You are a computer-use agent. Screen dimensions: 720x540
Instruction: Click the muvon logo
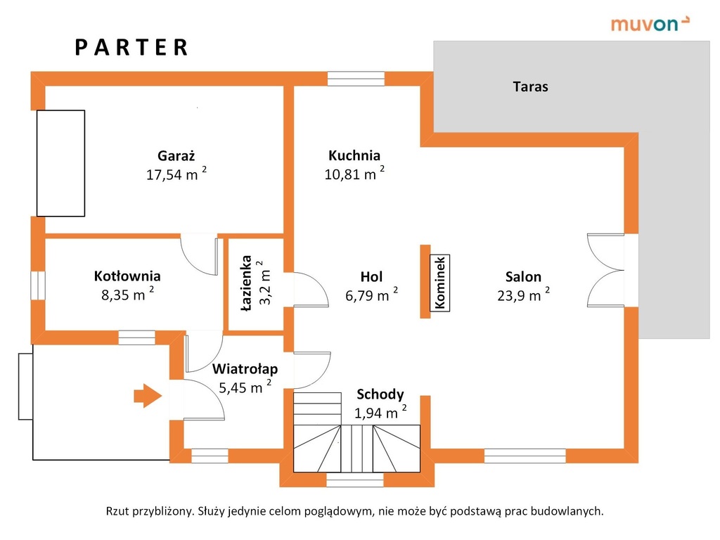click(650, 23)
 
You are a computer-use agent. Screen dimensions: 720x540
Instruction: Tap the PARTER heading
click(131, 47)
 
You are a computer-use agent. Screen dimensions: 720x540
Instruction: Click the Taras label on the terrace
click(530, 86)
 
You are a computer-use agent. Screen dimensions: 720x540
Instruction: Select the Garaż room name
click(176, 155)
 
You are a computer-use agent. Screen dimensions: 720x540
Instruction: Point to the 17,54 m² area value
click(176, 174)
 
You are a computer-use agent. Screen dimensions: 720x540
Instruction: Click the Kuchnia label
click(354, 155)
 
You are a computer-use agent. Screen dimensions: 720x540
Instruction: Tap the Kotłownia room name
click(127, 276)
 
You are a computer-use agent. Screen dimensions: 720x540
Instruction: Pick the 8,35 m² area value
click(127, 295)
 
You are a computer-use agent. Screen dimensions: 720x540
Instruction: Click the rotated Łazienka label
click(247, 284)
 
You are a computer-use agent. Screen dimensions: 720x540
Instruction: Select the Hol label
click(371, 276)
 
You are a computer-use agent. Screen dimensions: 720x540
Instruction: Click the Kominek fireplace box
click(439, 283)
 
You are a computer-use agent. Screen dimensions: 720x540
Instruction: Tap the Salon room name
click(523, 276)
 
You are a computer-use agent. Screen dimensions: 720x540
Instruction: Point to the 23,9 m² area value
click(523, 295)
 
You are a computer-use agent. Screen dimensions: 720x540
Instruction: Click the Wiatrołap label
click(245, 368)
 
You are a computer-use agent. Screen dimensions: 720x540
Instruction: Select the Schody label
click(380, 394)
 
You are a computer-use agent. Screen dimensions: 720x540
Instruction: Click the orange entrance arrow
click(148, 395)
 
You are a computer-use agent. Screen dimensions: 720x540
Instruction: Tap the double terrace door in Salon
click(605, 270)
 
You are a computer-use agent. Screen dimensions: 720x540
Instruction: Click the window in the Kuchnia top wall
click(356, 79)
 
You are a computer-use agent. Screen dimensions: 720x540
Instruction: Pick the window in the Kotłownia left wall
click(38, 285)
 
